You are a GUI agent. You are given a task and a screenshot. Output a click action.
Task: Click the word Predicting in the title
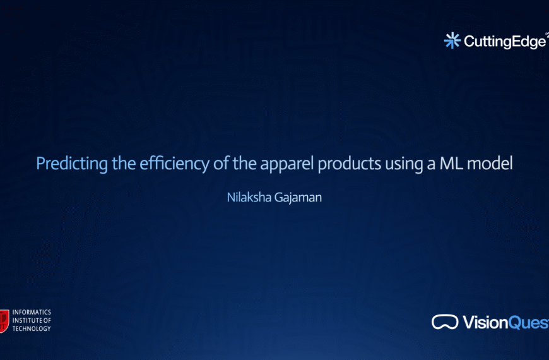pos(64,164)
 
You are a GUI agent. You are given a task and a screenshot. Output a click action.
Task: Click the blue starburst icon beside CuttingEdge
pos(452,41)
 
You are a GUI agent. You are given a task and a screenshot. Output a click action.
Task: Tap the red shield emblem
pos(4,320)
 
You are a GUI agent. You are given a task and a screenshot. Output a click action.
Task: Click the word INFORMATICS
pos(32,313)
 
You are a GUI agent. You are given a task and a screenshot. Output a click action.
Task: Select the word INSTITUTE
pos(27,320)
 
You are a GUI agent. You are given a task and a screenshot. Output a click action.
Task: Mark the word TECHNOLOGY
pos(32,328)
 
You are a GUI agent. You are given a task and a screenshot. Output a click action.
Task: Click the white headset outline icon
pos(445,322)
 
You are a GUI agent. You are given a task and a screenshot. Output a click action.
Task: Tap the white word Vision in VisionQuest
pos(485,323)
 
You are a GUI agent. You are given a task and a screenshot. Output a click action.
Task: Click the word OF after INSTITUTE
pos(47,320)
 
